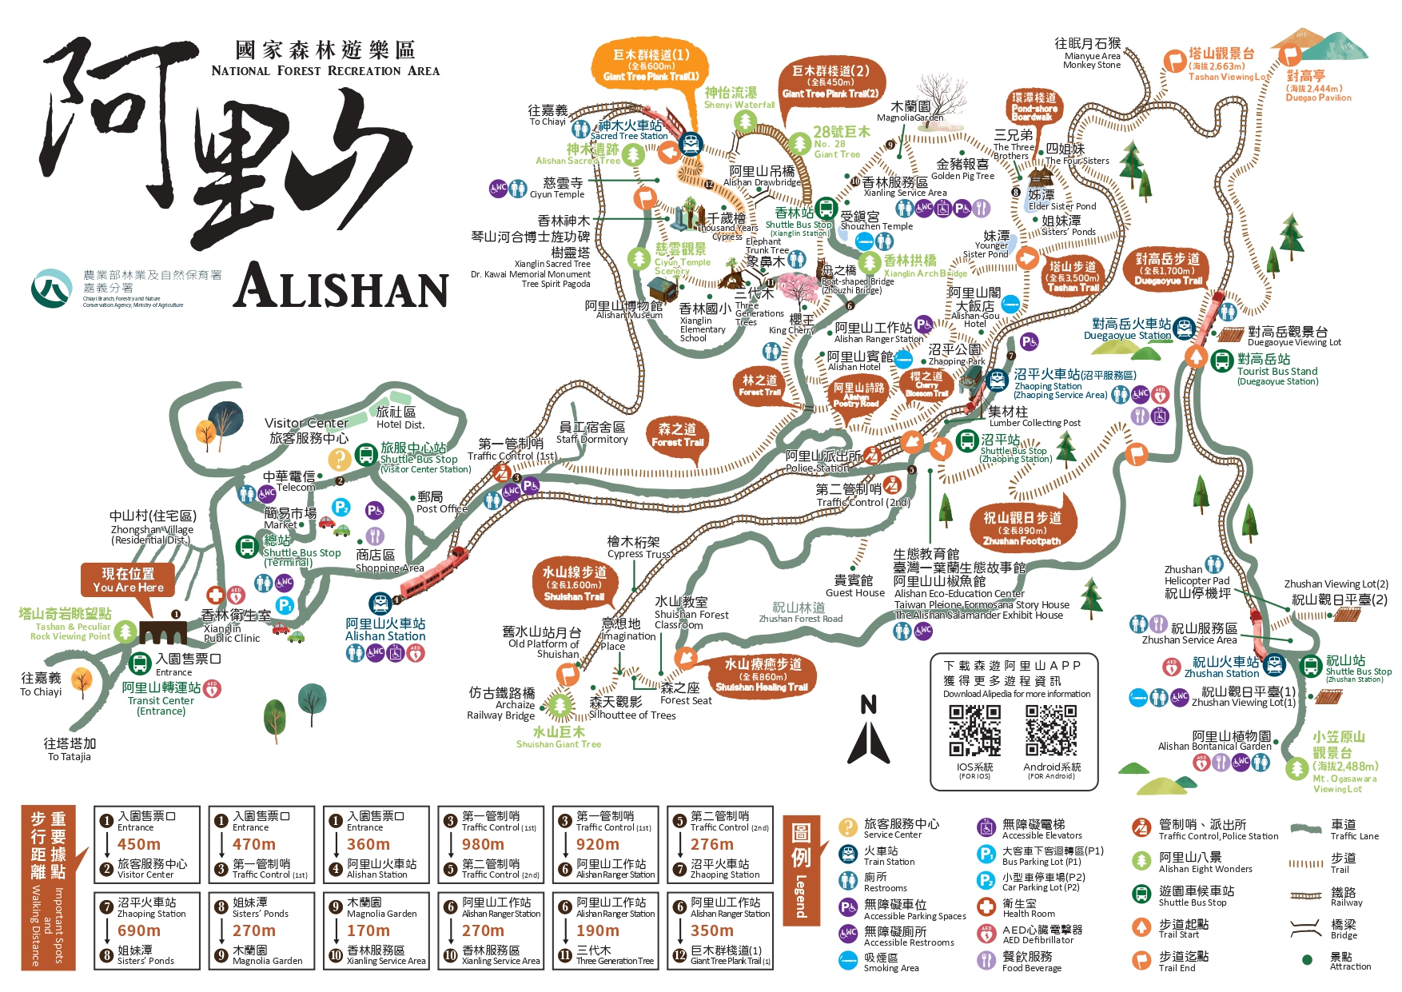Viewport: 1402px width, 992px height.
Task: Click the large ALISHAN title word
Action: pos(341,286)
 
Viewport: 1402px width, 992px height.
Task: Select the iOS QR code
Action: pos(974,731)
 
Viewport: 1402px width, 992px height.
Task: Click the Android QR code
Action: pos(1051,731)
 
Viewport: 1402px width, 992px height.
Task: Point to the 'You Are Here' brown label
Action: pos(128,580)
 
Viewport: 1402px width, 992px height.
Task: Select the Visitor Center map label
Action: pos(308,430)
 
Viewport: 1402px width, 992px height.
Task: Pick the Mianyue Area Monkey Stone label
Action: pos(1091,54)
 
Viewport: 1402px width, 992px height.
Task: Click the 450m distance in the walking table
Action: pos(139,844)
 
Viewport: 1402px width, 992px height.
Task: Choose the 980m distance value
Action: pos(483,844)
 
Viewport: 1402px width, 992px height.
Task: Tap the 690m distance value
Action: pos(139,930)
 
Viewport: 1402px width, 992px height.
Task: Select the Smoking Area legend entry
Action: pos(880,962)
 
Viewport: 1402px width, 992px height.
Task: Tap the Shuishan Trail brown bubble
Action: pos(574,584)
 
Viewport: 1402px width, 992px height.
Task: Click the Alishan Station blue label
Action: pos(385,629)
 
